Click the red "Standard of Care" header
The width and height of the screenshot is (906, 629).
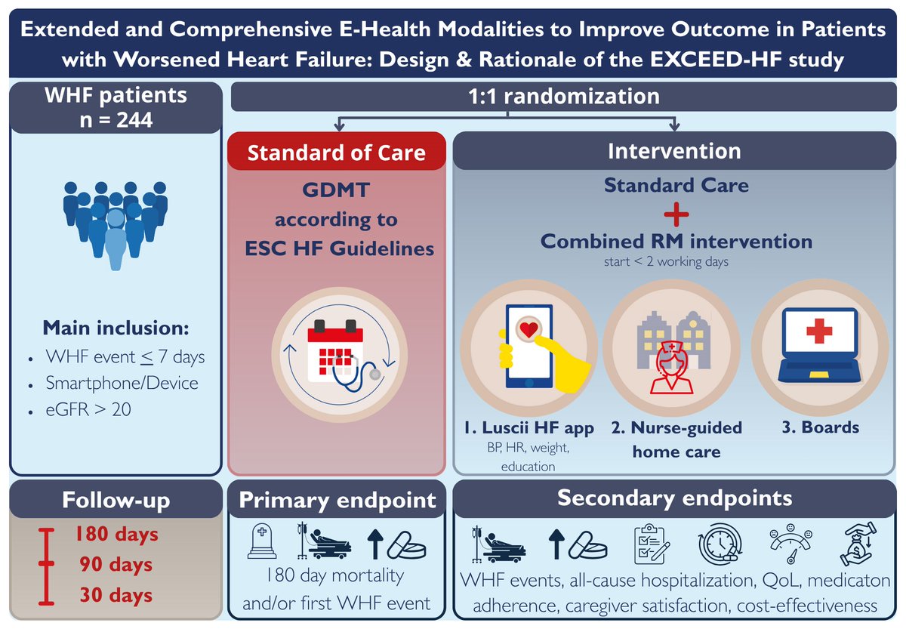point(337,153)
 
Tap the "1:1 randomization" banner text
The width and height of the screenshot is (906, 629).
point(563,96)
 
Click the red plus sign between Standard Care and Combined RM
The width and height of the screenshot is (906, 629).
point(676,214)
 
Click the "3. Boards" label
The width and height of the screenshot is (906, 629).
point(821,427)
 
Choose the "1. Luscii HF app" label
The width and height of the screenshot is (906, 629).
point(528,428)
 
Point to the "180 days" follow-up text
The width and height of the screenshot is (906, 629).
point(116,535)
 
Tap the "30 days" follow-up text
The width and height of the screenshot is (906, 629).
point(116,596)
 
